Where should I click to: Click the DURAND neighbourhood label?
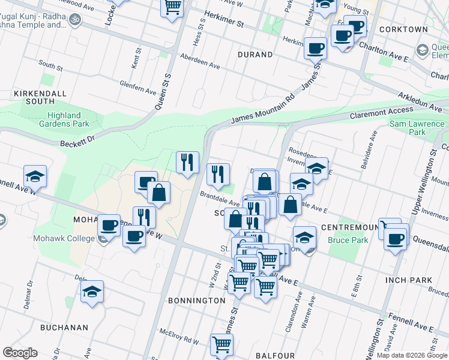pos(255,55)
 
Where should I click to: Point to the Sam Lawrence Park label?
pos(416,127)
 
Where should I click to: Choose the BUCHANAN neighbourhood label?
pos(64,328)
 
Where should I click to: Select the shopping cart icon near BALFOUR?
pos(221,344)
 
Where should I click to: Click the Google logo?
pos(20,352)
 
